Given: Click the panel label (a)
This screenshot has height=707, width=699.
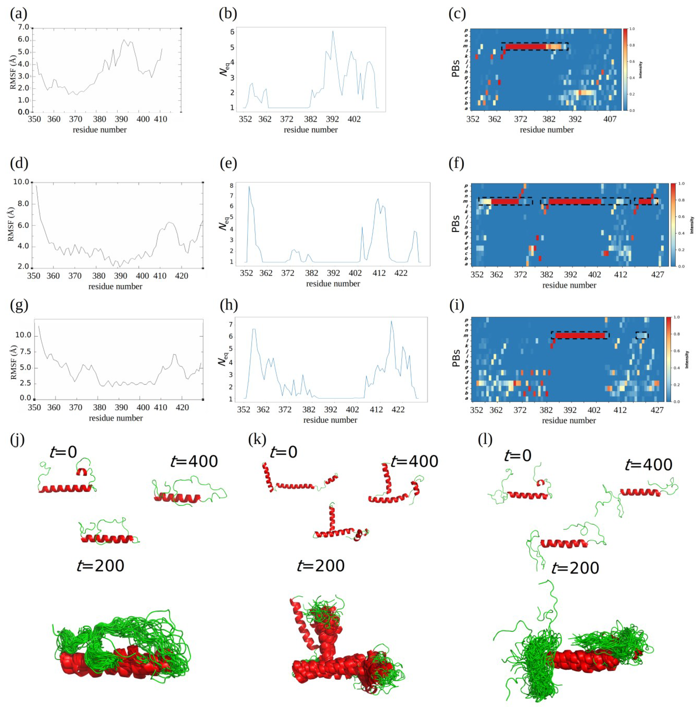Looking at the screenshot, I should [18, 14].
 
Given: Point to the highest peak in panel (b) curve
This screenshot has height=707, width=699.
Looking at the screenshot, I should [333, 31].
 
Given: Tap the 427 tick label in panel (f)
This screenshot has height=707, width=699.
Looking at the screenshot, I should [658, 275].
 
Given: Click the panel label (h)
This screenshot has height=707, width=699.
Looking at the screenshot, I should [228, 305].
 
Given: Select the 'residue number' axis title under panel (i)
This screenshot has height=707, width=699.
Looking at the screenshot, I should [569, 421].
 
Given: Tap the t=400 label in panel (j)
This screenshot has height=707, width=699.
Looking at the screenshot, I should [194, 461].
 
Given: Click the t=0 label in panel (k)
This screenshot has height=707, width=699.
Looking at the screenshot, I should [283, 452].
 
